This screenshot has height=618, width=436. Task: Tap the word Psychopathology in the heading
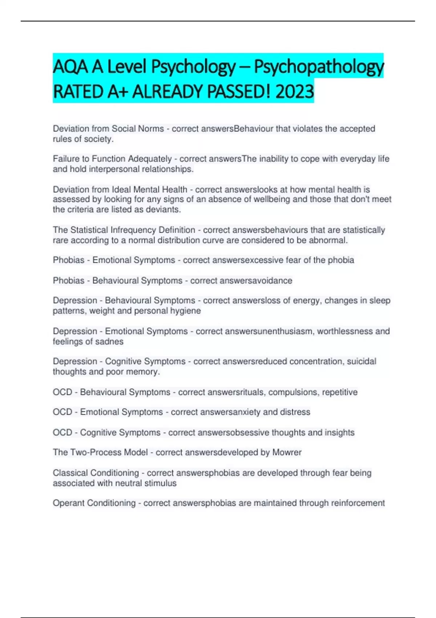tap(318, 67)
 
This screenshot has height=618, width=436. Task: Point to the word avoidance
tap(272, 281)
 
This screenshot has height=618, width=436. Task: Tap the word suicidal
tap(362, 361)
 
